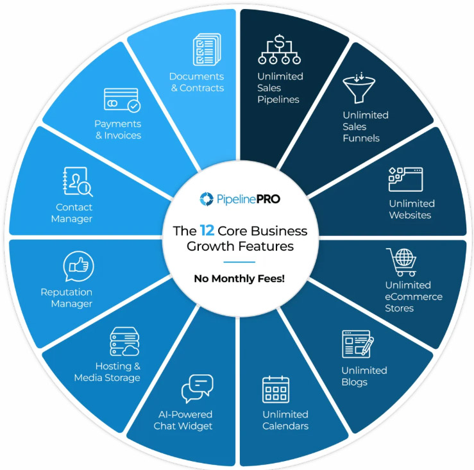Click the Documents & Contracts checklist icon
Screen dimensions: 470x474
[206, 50]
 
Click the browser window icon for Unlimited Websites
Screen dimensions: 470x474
[405, 179]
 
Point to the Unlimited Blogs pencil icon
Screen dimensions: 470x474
[357, 344]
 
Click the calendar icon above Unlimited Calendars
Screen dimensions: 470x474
[276, 389]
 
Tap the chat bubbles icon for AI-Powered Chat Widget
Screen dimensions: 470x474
[197, 389]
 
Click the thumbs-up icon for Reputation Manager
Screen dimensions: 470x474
[78, 266]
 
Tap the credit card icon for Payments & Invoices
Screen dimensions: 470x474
[121, 100]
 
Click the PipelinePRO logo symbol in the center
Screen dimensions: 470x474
[205, 199]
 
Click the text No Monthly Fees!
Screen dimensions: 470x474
[239, 278]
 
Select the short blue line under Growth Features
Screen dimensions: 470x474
[239, 262]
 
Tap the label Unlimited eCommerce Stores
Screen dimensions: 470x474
[414, 296]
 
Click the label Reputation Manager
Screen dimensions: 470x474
[67, 298]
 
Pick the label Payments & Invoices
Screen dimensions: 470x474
[117, 130]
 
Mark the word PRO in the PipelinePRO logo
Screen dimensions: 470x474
[265, 199]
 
